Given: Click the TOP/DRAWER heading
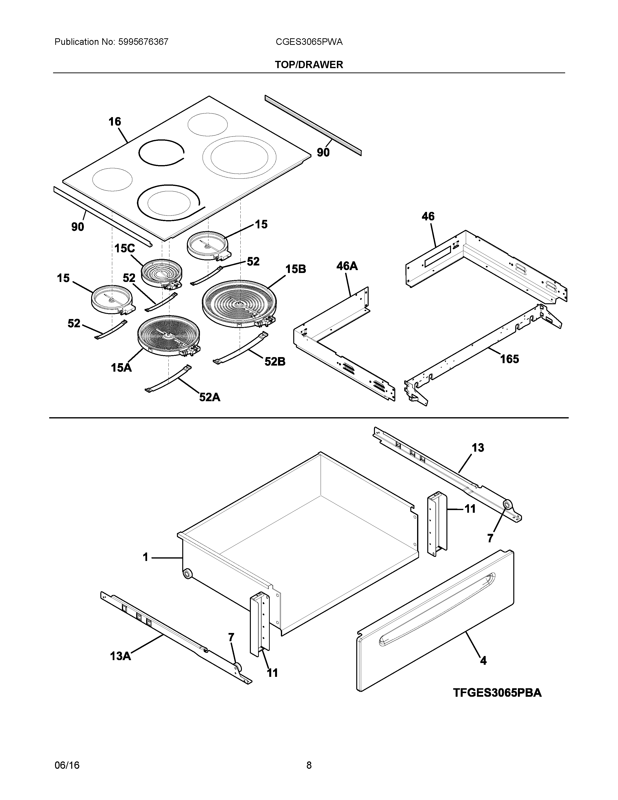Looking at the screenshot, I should (x=309, y=65).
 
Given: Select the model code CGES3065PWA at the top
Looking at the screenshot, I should (x=309, y=42).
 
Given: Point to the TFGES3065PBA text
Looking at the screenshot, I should (x=497, y=693).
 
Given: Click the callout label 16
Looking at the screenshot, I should (x=115, y=122).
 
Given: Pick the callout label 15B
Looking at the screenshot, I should (x=295, y=269).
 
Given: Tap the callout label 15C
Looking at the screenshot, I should (x=125, y=249).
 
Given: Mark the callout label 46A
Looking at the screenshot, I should (x=347, y=266).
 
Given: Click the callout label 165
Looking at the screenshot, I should (x=510, y=359).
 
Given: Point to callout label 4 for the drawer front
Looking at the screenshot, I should (x=483, y=660).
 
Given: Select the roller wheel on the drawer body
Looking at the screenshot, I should (x=187, y=574).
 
